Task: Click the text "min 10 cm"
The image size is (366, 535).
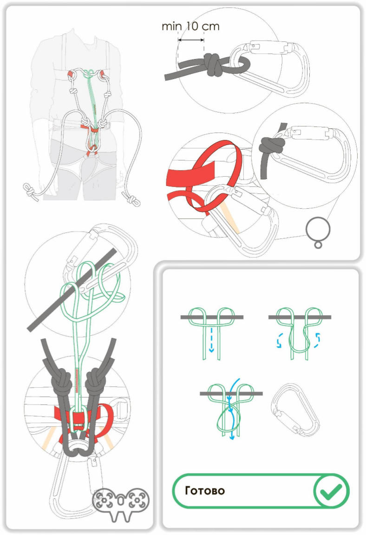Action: [190, 26]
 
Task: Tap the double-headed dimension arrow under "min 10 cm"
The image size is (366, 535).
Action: [191, 40]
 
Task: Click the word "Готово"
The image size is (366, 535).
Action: [205, 490]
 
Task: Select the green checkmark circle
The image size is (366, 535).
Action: [331, 490]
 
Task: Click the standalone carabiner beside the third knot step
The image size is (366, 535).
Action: [295, 410]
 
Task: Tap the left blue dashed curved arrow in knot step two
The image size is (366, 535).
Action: [280, 340]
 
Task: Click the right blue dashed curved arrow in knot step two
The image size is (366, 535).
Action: [317, 340]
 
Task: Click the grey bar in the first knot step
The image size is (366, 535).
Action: [212, 317]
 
